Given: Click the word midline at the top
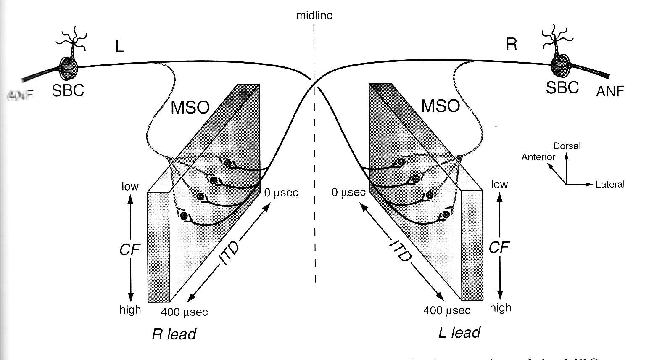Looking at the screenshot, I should [314, 16].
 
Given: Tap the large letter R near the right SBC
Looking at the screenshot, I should [511, 44].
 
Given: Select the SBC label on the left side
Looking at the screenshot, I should [68, 90].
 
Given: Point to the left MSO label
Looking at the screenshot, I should [190, 108].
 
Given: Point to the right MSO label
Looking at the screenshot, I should [440, 106].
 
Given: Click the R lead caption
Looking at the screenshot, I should [174, 334].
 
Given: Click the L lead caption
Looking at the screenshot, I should [459, 332].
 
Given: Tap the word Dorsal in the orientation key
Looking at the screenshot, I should [567, 146].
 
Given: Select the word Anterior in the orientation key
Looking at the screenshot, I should [538, 157].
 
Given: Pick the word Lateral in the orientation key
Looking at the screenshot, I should [610, 184].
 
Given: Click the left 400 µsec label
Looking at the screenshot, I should [185, 312].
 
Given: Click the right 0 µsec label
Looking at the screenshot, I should [348, 193].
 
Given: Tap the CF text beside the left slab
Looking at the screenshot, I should [129, 250].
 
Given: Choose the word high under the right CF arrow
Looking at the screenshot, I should [500, 308].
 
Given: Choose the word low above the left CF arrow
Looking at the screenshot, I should [130, 186].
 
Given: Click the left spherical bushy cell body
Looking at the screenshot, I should [68, 67].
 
